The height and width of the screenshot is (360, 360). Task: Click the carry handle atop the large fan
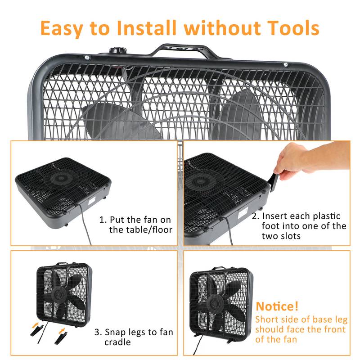point(184,50)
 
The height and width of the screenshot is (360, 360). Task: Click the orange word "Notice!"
point(277,307)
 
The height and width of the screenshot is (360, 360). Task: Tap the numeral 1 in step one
point(102,220)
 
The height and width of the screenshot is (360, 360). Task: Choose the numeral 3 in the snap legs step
point(97,333)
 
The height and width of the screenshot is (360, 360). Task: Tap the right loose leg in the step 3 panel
point(61,337)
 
